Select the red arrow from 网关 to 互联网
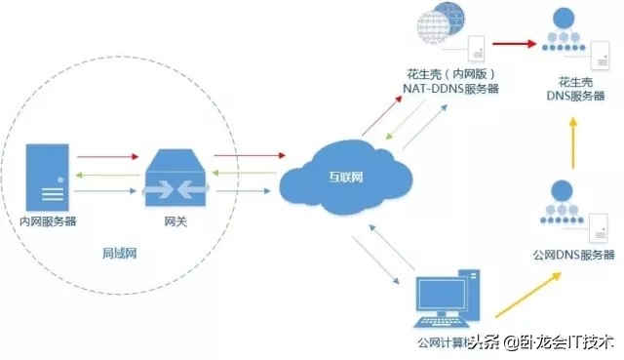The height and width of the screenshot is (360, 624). click(249, 155)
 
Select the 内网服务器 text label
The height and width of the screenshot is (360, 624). click(48, 221)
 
